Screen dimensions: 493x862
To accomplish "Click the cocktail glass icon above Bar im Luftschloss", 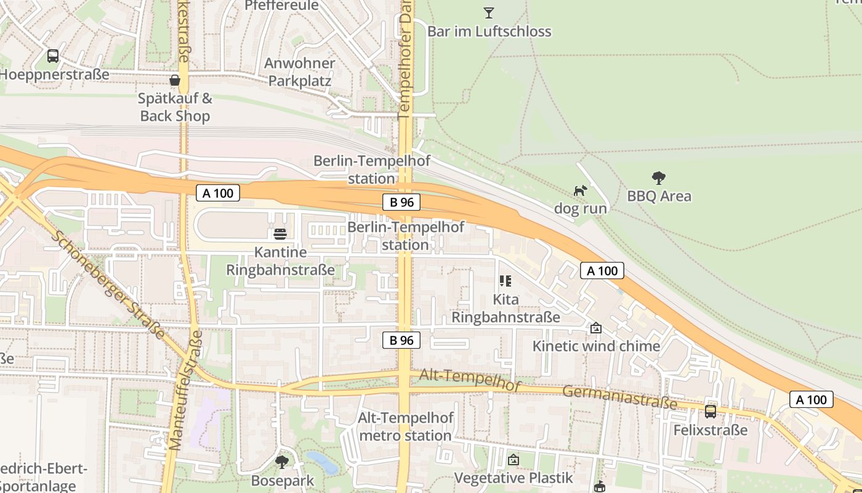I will click(489, 12).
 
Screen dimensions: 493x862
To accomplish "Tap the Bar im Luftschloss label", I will click(489, 31).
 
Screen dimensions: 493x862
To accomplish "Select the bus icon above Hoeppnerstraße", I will click(53, 56).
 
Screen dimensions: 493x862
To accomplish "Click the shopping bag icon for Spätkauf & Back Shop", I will click(175, 80).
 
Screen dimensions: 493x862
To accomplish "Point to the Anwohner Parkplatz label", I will click(300, 72).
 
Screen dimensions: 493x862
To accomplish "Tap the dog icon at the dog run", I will click(580, 190).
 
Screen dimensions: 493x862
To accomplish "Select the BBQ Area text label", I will click(659, 197).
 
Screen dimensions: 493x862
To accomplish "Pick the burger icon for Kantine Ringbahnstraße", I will click(280, 234).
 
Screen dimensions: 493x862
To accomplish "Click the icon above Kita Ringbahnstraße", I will click(506, 282).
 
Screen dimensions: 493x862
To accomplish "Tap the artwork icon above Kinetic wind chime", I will click(595, 328).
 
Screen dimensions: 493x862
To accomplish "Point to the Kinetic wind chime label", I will click(596, 346).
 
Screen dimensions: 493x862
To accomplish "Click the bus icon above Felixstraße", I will click(711, 412).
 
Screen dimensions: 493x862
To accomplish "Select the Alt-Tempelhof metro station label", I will click(406, 426).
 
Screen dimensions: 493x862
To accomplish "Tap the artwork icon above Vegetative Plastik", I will click(514, 460).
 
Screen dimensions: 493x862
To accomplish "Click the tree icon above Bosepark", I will click(282, 462).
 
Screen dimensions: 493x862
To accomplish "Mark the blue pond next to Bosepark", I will click(322, 462).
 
